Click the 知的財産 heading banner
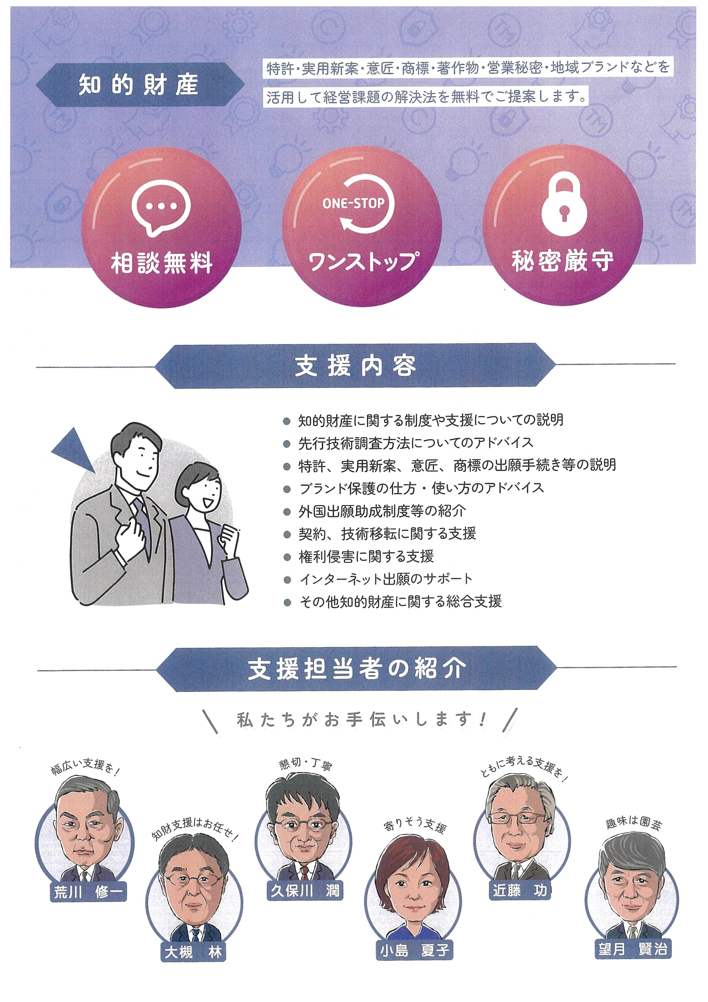coord(139,85)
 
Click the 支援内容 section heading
coord(355,366)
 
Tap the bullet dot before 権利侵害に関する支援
coord(287,557)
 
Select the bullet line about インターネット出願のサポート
coord(386,579)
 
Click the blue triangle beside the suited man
coord(74,450)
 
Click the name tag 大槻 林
coord(193,952)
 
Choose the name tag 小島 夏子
coord(414,950)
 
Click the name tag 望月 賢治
coord(633,949)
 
